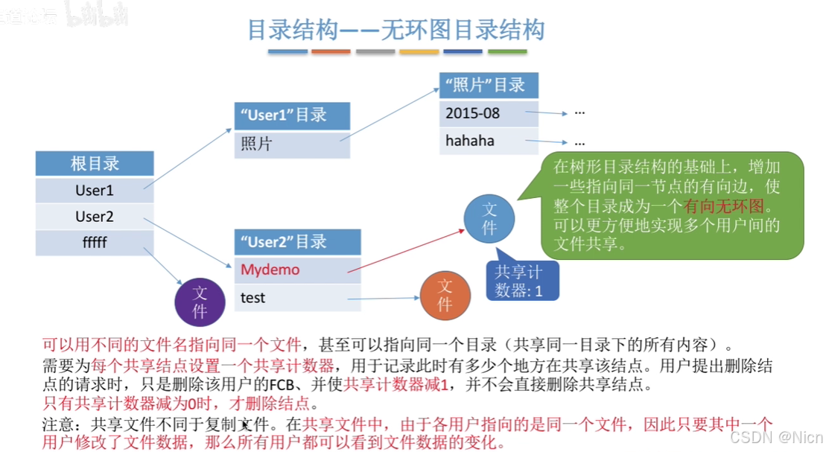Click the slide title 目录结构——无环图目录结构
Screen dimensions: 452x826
click(395, 30)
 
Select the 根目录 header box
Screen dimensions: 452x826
click(95, 163)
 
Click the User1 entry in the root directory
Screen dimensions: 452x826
click(95, 191)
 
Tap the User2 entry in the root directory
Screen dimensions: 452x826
click(95, 217)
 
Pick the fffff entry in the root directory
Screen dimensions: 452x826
click(95, 243)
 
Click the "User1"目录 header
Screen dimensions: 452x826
click(291, 115)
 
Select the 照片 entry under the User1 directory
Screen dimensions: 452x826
click(291, 144)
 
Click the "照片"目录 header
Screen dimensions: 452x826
click(488, 85)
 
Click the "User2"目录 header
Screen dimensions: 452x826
click(297, 242)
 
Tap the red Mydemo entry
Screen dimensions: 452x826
click(297, 270)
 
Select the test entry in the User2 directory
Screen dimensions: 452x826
click(297, 298)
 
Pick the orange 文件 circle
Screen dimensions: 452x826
click(445, 296)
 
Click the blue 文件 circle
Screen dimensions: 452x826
click(489, 218)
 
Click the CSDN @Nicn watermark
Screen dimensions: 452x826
click(775, 436)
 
